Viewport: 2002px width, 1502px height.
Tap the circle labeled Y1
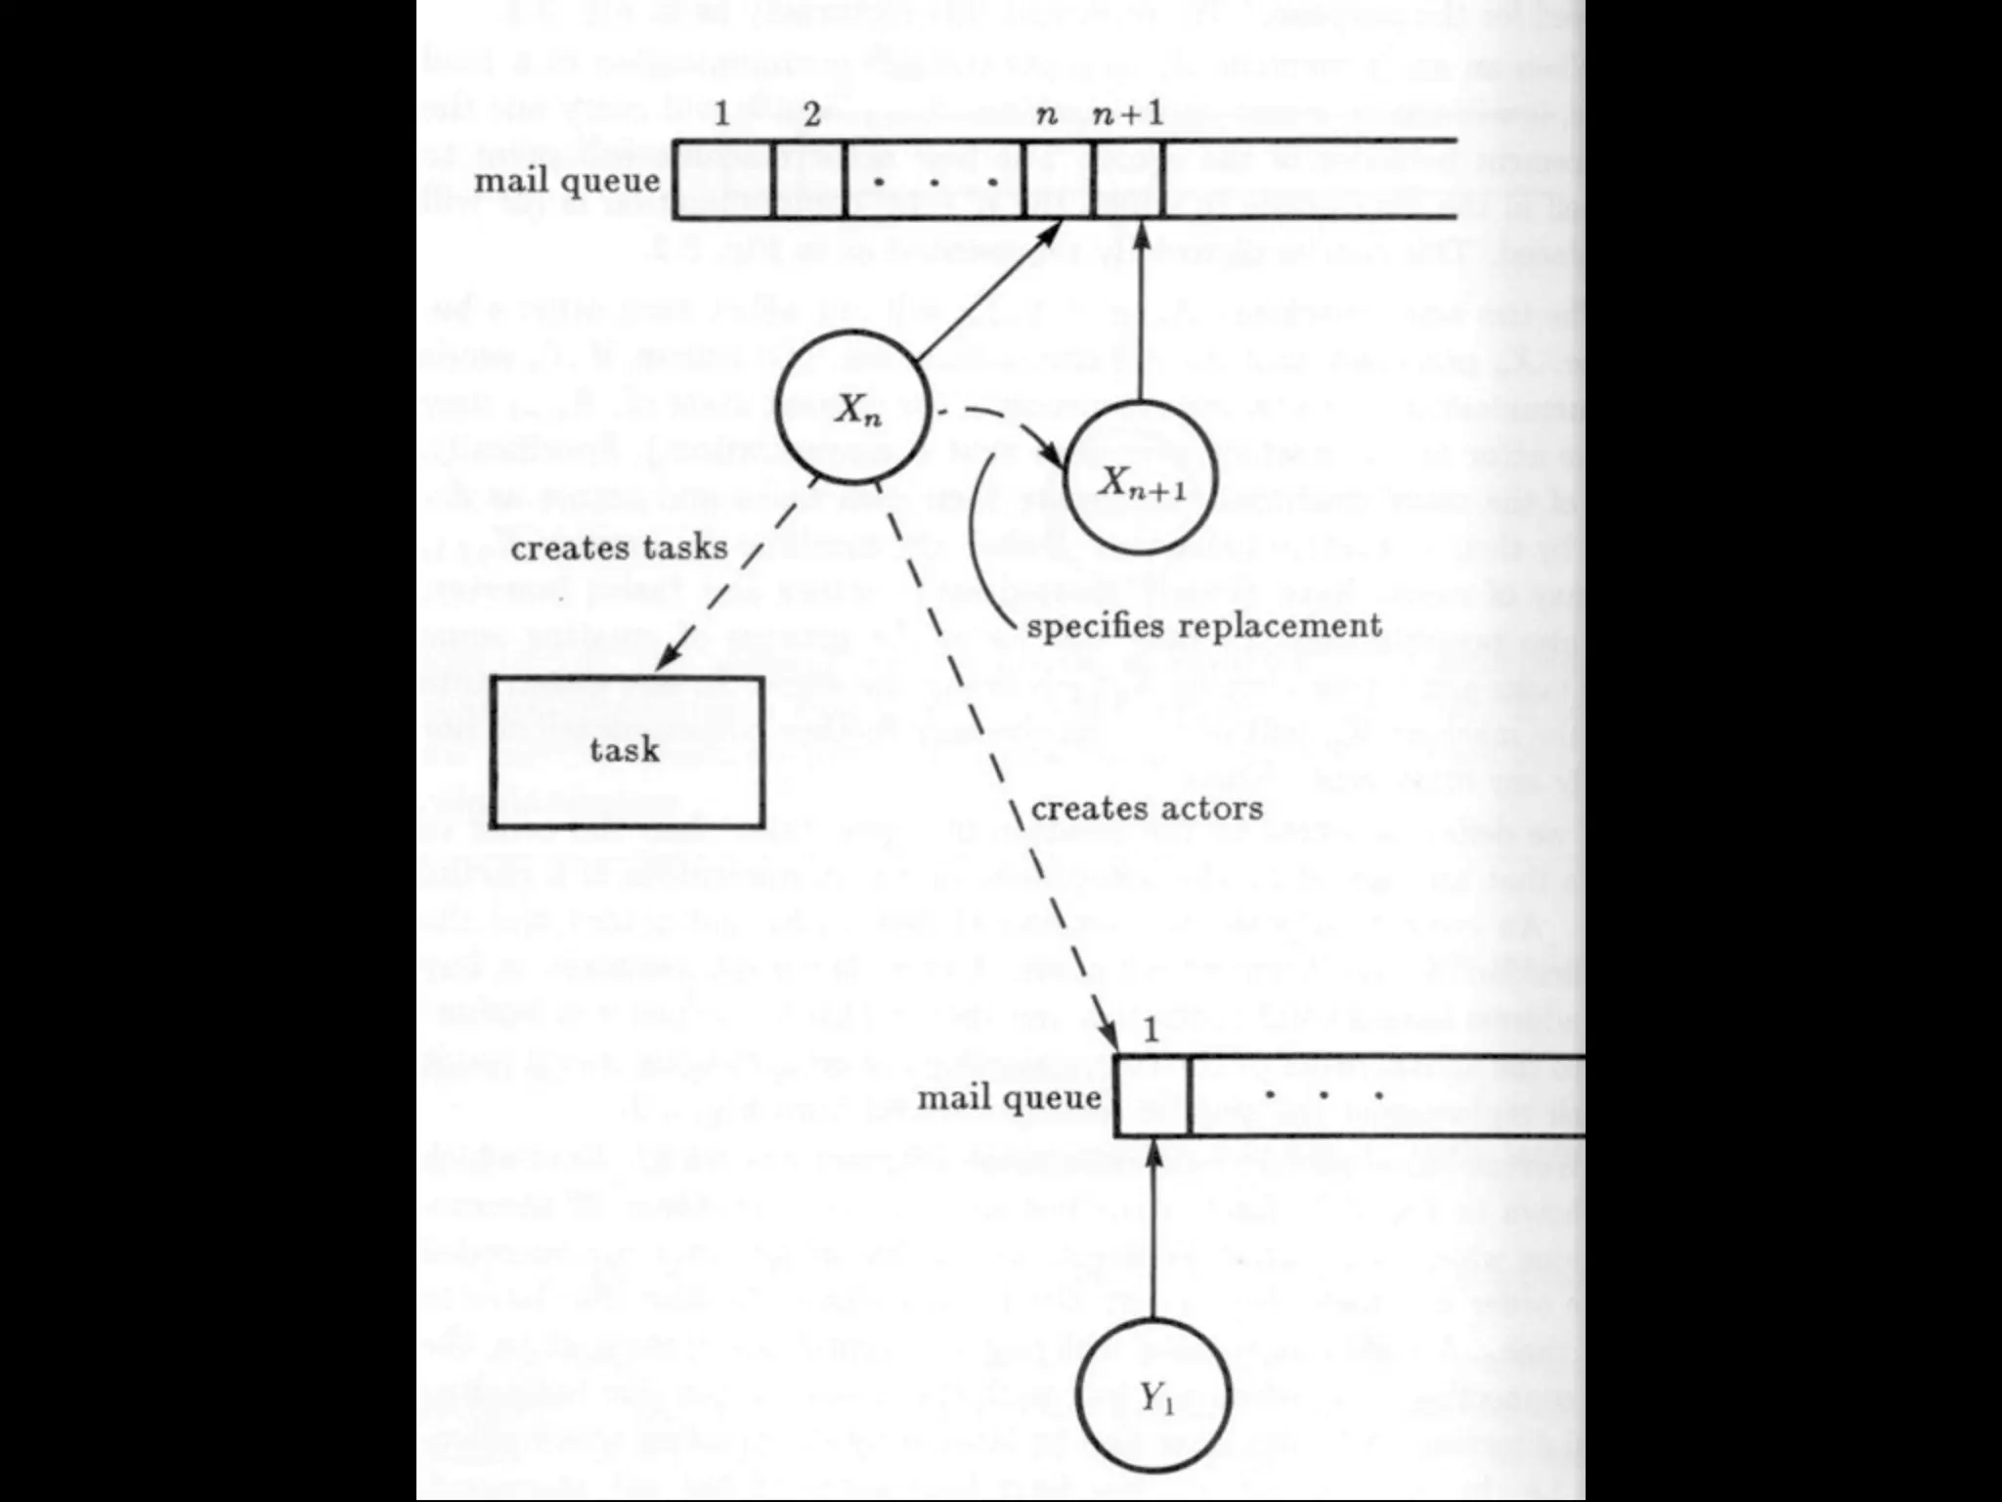pyautogui.click(x=1153, y=1397)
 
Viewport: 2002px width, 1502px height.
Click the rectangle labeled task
pyautogui.click(x=627, y=751)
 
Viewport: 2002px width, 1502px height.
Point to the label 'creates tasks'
pyautogui.click(x=619, y=548)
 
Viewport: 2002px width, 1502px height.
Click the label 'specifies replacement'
pyautogui.click(x=1203, y=626)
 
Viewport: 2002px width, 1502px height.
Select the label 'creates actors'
pyautogui.click(x=1146, y=809)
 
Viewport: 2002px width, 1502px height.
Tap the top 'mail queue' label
pyautogui.click(x=567, y=181)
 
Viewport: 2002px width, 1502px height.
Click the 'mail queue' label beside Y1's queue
pyautogui.click(x=1009, y=1097)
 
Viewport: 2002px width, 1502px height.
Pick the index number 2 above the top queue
pyautogui.click(x=811, y=115)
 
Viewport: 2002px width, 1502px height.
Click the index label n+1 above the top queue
pyautogui.click(x=1128, y=115)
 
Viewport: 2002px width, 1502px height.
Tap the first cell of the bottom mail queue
pyautogui.click(x=1152, y=1097)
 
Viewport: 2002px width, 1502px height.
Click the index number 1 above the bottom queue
pyautogui.click(x=1151, y=1031)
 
